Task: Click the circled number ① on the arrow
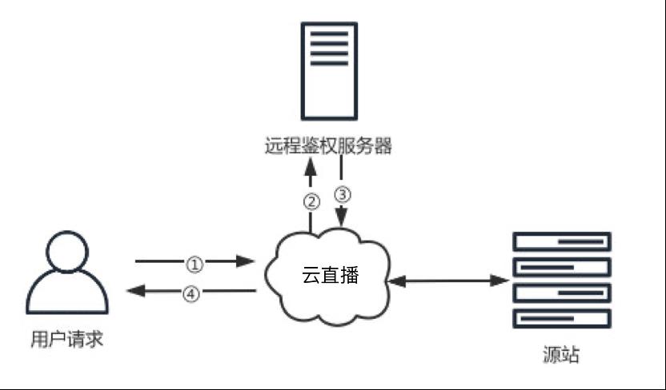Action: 195,265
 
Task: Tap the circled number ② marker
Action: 311,202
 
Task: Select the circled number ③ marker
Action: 343,194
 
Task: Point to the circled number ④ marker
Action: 191,294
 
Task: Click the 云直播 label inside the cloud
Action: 331,275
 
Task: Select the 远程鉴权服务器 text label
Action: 328,145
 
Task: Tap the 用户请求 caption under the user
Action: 67,339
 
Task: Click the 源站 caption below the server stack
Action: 561,354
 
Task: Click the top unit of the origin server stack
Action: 562,241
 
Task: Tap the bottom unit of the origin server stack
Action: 562,319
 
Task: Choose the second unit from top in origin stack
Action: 562,268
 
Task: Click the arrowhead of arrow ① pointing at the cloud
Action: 245,261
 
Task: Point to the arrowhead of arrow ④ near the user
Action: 136,290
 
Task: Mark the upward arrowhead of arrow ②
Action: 311,166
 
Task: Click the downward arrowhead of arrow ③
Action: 342,217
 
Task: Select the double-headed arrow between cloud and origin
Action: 448,281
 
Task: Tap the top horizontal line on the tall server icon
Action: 329,34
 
